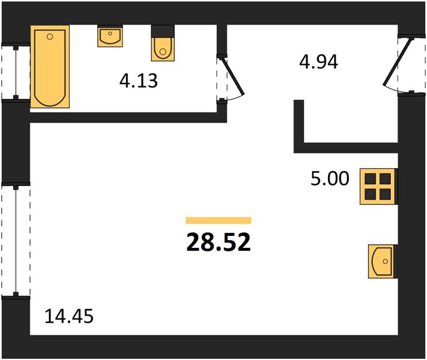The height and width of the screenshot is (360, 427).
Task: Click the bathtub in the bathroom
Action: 50,67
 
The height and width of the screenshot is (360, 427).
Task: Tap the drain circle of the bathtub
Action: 50,37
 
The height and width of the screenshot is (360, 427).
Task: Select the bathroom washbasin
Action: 110,36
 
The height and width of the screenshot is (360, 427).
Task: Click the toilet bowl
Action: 163,49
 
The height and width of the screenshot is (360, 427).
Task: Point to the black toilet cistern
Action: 163,31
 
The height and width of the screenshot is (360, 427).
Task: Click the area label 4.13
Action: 139,81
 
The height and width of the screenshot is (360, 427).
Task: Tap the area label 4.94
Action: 319,62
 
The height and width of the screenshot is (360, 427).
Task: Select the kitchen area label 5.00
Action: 330,179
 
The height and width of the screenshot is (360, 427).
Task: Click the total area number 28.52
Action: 219,242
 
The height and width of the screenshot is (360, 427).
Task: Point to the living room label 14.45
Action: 69,316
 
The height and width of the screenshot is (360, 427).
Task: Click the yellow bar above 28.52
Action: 219,220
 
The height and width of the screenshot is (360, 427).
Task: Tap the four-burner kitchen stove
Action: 378,187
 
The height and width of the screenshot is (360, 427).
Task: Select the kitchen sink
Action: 383,261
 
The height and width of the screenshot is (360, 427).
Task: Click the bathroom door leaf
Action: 232,76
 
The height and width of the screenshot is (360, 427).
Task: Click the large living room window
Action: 16,241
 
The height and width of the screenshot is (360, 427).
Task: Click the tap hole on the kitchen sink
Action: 385,261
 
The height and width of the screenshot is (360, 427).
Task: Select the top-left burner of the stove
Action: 371,179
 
